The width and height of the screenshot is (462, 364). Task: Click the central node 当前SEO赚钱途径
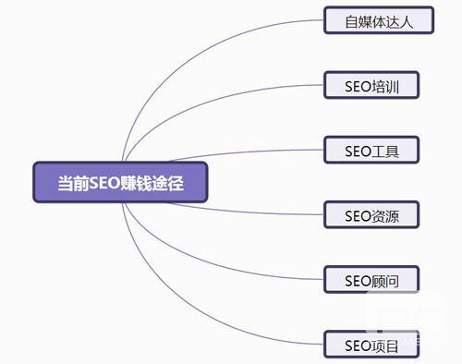coord(120,182)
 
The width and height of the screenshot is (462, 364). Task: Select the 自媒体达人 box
coord(379,20)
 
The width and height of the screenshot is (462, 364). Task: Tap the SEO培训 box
coord(371,85)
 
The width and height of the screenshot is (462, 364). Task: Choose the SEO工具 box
coord(371,150)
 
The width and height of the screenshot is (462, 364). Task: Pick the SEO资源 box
coord(371,214)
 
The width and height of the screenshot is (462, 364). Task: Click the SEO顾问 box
coord(371,279)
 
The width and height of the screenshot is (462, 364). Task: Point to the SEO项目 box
coord(371,344)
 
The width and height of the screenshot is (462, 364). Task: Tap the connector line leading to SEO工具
coord(247,152)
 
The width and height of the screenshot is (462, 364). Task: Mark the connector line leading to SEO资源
coord(247,212)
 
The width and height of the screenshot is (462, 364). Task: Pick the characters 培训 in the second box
coord(385,87)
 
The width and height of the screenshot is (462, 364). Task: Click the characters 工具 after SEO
coord(385,152)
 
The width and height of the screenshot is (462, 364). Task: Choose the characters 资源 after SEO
coord(385,216)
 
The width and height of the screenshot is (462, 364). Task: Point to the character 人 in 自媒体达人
coord(406,22)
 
